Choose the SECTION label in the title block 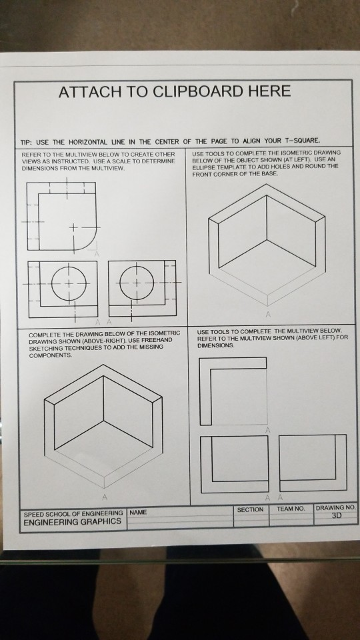pos(250,509)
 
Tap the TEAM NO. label pos(290,509)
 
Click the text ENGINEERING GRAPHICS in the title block pos(72,521)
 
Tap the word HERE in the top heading pos(267,91)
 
